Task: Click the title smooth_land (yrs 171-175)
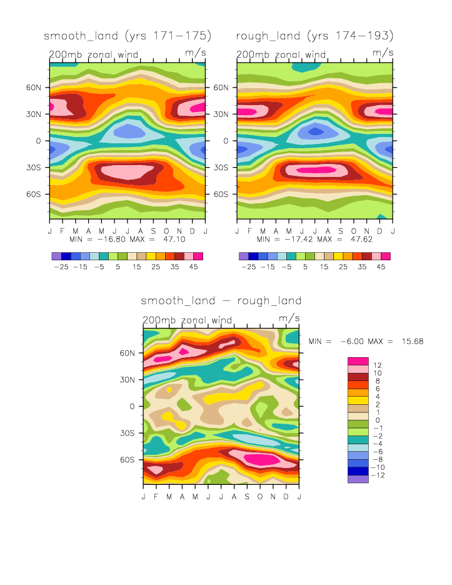(128, 35)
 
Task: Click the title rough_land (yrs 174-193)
(314, 35)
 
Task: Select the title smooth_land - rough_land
(221, 301)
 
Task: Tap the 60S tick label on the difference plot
(127, 459)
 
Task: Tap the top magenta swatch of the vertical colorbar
(358, 361)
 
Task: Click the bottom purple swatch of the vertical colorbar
(358, 479)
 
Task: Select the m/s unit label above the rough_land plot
(383, 53)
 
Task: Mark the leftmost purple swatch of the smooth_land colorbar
(56, 256)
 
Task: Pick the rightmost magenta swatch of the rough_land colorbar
(386, 256)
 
